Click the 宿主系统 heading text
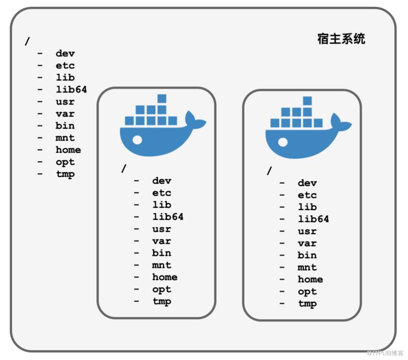[341, 39]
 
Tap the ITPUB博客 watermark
[385, 353]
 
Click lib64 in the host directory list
[72, 89]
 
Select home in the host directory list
[68, 150]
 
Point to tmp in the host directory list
[65, 174]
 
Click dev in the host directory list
[65, 54]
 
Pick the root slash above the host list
[27, 41]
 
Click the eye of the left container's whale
[137, 140]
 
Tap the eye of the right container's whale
[283, 142]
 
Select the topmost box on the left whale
[162, 98]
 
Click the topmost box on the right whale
[307, 101]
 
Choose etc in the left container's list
[162, 193]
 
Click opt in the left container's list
[162, 289]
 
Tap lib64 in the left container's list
[168, 217]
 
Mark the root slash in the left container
[124, 169]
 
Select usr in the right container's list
[307, 231]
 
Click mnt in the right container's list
[307, 267]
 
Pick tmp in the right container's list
[307, 304]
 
